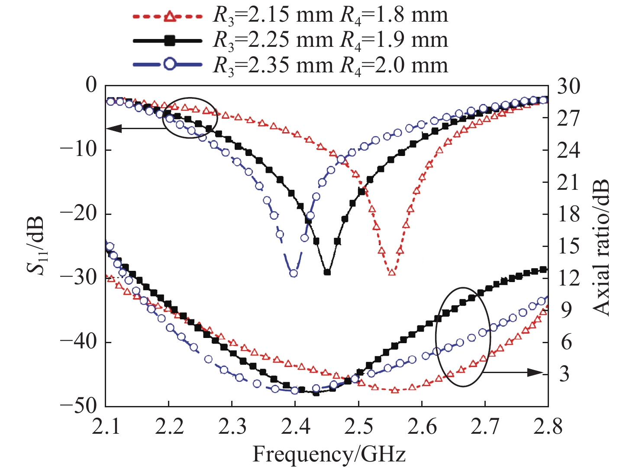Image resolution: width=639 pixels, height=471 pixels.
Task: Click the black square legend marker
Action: [170, 41]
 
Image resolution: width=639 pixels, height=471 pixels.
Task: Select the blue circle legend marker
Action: [170, 65]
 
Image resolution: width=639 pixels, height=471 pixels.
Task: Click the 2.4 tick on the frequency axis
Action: [295, 427]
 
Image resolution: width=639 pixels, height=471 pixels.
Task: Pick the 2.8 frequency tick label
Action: [548, 427]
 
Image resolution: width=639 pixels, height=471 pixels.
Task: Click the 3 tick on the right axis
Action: [564, 374]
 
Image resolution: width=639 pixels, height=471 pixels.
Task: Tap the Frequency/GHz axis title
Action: [329, 455]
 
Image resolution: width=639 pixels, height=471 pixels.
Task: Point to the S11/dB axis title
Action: [35, 245]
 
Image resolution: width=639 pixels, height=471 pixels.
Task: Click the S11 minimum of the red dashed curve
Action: [392, 273]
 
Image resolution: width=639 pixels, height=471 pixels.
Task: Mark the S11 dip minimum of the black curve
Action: [327, 273]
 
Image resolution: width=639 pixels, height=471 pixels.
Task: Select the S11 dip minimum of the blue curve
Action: [294, 273]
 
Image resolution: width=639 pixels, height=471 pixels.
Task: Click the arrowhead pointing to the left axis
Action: [111, 128]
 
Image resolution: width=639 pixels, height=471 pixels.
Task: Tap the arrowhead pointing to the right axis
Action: [537, 372]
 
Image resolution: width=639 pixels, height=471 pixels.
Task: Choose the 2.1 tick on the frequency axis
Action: [106, 427]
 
